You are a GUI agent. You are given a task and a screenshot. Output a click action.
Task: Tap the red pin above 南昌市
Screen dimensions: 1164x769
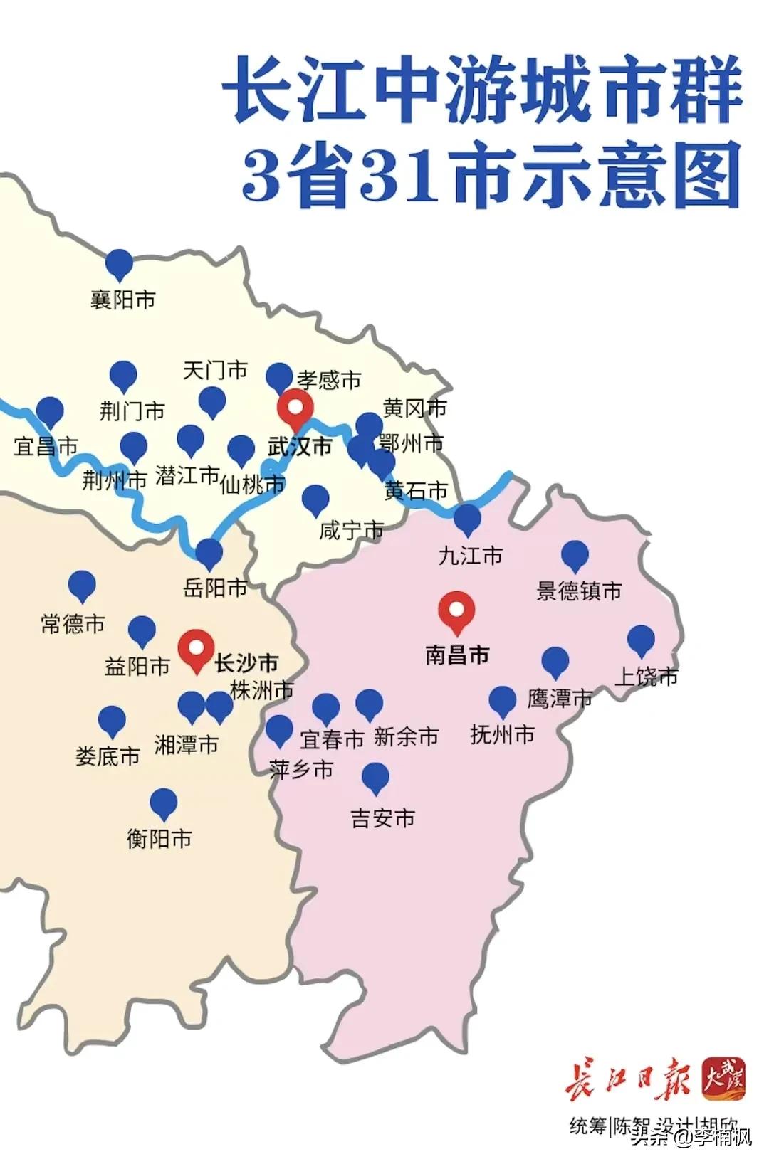[456, 610]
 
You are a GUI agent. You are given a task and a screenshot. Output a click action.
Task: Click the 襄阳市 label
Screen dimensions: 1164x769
[122, 300]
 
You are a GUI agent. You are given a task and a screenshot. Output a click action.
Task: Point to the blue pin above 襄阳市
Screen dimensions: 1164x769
[120, 264]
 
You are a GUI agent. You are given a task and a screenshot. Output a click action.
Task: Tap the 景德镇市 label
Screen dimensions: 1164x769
[579, 591]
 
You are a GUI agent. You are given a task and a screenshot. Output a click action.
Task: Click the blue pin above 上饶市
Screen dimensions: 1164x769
[641, 640]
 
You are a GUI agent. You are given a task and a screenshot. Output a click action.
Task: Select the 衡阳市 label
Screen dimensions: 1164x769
[159, 839]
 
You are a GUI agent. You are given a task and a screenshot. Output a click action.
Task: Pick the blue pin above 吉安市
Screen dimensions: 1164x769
[375, 777]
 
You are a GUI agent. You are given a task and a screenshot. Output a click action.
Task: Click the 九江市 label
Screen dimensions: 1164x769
[471, 556]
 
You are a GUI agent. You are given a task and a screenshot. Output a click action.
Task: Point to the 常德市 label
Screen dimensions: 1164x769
[73, 624]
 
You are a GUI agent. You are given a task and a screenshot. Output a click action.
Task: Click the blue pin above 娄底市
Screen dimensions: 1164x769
[112, 721]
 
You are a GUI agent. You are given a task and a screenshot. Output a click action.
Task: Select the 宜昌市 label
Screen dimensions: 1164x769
[46, 447]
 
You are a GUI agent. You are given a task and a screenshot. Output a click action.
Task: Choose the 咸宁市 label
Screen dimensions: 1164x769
[351, 530]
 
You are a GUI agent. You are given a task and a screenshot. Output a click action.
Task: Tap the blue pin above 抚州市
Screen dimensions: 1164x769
[503, 701]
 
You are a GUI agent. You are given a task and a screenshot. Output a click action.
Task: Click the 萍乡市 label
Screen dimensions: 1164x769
[301, 769]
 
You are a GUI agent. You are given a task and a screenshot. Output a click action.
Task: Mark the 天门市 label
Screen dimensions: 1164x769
[215, 370]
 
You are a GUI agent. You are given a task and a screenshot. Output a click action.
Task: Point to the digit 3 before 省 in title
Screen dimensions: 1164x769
[262, 175]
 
